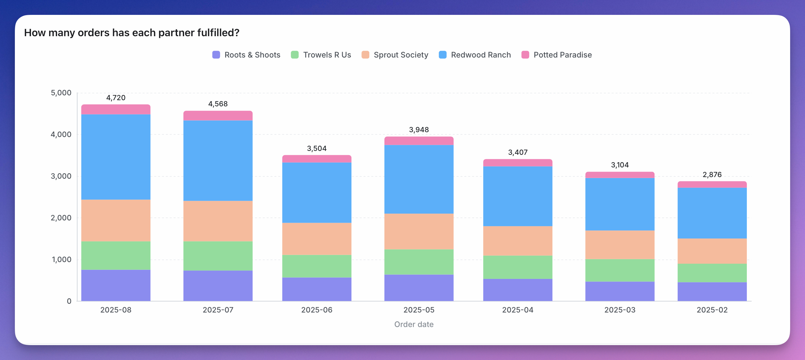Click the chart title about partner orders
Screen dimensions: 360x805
(132, 33)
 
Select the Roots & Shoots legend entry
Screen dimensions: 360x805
(246, 55)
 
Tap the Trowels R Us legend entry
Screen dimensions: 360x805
(321, 55)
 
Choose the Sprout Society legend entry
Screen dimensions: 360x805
(395, 55)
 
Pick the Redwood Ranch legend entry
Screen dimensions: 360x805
(475, 55)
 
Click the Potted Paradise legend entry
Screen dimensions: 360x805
(557, 55)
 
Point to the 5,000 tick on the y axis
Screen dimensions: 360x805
(61, 93)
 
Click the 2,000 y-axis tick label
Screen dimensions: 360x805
(61, 218)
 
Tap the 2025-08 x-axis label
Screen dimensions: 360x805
(116, 310)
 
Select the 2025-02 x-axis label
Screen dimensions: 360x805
(712, 310)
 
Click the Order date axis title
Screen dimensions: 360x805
(414, 324)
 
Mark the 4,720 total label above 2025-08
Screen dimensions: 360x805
(116, 98)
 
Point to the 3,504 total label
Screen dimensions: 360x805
(317, 148)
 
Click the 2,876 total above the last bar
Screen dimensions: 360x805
(712, 175)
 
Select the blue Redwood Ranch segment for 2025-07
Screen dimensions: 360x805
(218, 161)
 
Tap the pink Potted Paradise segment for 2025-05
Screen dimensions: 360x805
(419, 141)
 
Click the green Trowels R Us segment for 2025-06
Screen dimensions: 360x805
(317, 266)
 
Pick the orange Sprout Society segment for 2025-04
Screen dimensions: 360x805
(518, 241)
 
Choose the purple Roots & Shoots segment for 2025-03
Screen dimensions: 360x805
(620, 291)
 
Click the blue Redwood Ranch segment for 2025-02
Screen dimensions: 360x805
(712, 213)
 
